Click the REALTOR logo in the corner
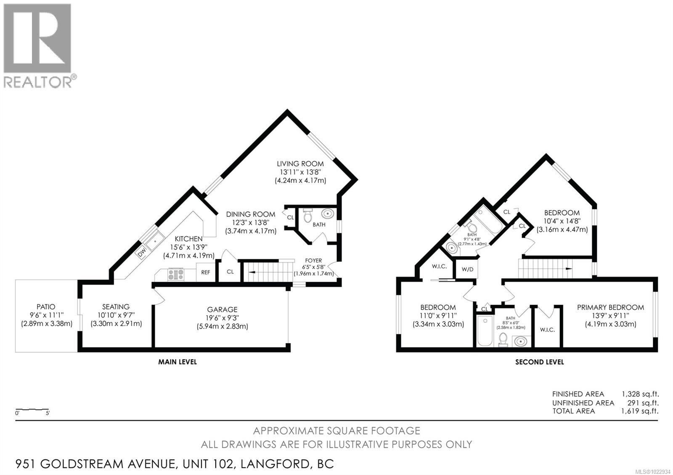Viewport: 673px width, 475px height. [x=37, y=45]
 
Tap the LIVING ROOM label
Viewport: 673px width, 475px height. [x=300, y=164]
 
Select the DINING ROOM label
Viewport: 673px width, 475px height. [x=251, y=214]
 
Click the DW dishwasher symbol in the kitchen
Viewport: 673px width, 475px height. [x=142, y=253]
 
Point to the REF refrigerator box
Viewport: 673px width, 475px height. [x=206, y=272]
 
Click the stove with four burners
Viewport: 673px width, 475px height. [x=176, y=274]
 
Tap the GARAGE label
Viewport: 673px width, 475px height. [x=222, y=309]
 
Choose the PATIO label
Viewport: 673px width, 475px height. [x=46, y=307]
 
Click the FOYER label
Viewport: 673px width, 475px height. [x=313, y=261]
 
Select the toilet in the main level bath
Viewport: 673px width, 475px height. [x=307, y=216]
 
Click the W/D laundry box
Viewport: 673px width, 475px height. [x=467, y=269]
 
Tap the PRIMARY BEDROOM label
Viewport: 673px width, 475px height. [x=610, y=307]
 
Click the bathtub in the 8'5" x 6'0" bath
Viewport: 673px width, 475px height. [x=485, y=332]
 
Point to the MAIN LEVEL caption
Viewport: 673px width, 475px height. [x=177, y=362]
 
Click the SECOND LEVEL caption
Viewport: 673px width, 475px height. [x=539, y=362]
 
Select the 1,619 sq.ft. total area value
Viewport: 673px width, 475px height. [x=640, y=411]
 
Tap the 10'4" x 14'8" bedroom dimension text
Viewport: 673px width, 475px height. [x=562, y=221]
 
